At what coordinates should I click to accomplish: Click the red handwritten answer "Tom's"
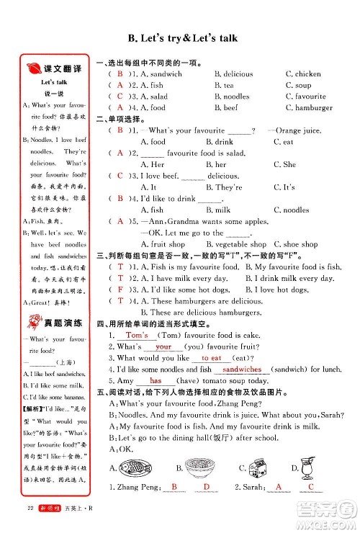click(137, 335)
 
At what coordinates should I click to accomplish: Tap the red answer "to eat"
click(212, 357)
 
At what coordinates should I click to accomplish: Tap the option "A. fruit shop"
click(163, 244)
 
